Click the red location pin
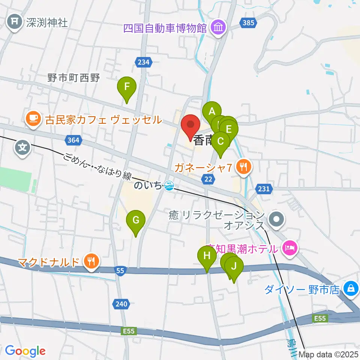[x=191, y=124]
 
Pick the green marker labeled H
[x=207, y=256]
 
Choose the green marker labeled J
[x=234, y=267]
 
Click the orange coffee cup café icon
[x=33, y=119]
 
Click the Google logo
[x=25, y=351]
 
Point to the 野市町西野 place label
[x=73, y=78]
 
